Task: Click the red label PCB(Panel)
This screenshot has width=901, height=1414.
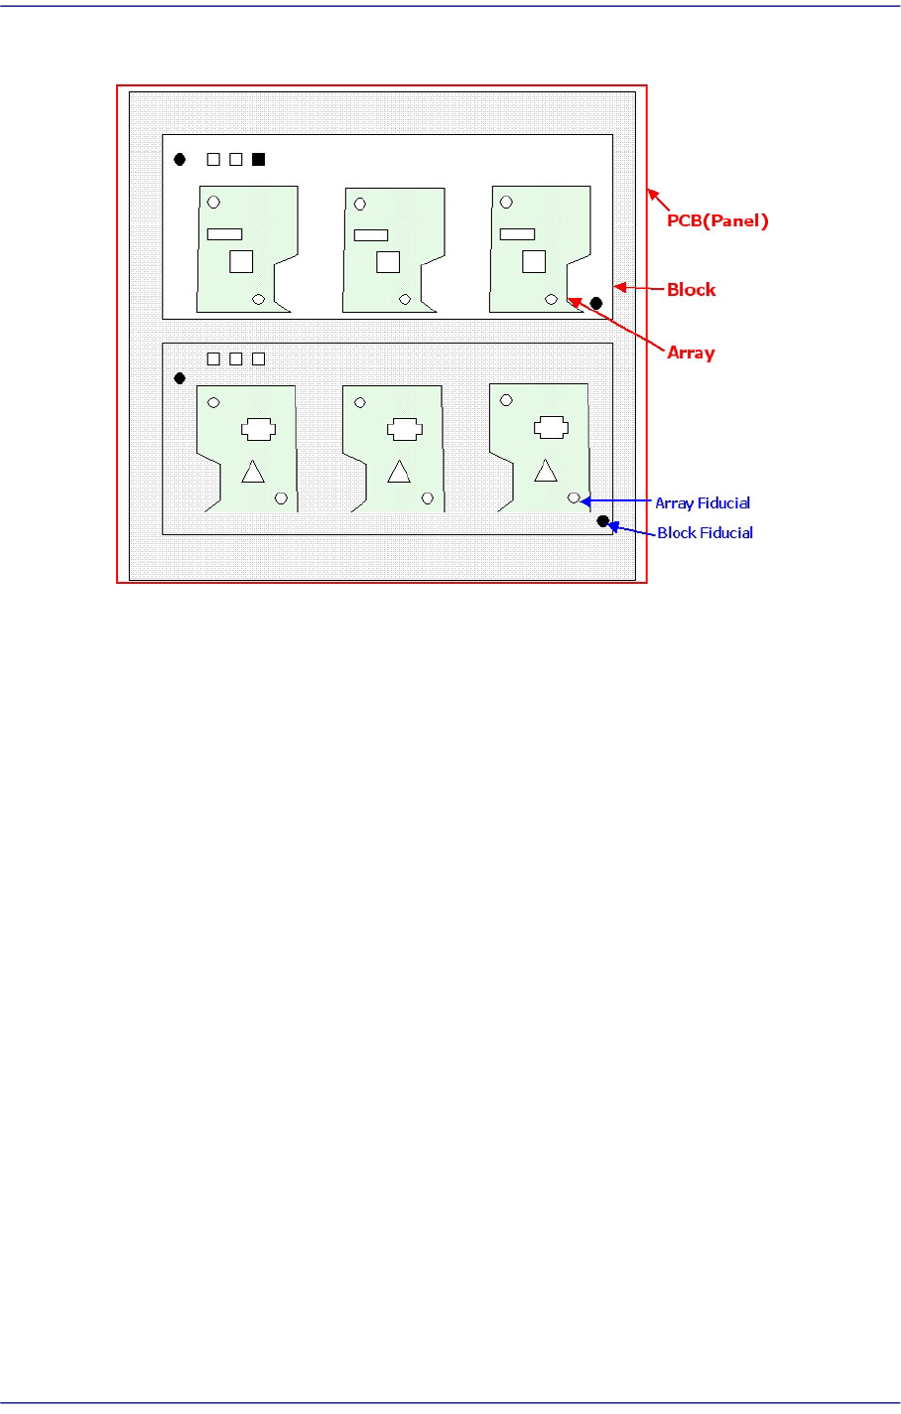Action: click(717, 220)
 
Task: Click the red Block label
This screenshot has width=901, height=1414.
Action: click(691, 290)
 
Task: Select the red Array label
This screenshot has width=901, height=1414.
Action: click(691, 353)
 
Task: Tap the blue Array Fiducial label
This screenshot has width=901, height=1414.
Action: click(703, 503)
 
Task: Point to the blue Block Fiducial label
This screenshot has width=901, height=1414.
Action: click(705, 533)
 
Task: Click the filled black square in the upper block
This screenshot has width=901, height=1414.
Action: click(259, 159)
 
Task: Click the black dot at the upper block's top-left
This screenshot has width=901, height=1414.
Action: click(180, 159)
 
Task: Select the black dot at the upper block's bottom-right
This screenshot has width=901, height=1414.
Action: click(595, 303)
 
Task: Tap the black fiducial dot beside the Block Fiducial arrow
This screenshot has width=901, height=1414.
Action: click(602, 521)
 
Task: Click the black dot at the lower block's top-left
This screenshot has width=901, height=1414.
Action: click(180, 378)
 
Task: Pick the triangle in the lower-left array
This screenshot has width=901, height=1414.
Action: click(253, 473)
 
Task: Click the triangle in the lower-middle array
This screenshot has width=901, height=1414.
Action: click(399, 473)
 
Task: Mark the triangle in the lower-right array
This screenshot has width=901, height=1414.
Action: click(546, 471)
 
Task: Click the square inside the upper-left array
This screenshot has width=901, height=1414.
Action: click(241, 261)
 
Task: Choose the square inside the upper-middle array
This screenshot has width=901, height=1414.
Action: click(388, 261)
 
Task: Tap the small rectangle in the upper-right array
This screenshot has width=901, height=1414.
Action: click(517, 234)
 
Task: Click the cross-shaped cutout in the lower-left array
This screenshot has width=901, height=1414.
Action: click(257, 429)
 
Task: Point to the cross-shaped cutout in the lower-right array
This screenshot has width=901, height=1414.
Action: click(551, 427)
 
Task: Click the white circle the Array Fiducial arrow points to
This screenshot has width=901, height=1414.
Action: click(574, 496)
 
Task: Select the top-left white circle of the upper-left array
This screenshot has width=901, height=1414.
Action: click(213, 203)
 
